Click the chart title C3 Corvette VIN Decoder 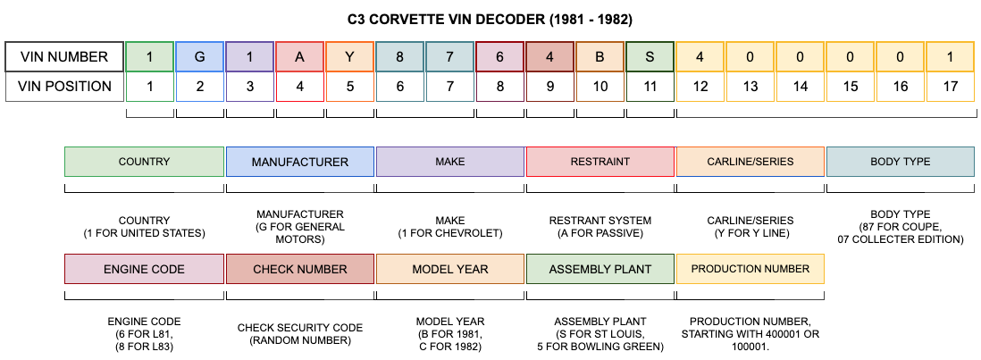490,20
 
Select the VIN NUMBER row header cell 64,57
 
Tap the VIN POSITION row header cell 64,87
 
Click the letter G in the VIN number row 200,57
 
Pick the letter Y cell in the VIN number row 349,57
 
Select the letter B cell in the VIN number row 600,57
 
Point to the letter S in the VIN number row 650,57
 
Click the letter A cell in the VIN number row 299,57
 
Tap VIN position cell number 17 951,87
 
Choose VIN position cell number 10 600,87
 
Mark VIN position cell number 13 750,87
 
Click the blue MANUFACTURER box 299,162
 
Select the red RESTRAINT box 600,162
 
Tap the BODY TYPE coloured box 901,162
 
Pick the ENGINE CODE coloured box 144,270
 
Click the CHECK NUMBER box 299,270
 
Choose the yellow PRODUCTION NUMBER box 750,270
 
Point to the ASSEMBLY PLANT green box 600,270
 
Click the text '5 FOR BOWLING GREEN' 600,347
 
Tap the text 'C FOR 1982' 449,347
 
